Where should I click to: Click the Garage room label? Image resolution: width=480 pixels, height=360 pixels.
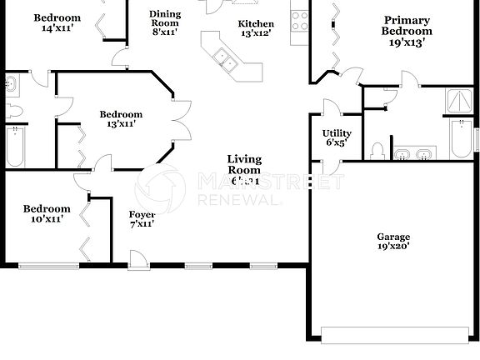392,242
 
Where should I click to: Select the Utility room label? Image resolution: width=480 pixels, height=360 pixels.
337,137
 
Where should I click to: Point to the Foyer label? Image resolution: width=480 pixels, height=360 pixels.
142,218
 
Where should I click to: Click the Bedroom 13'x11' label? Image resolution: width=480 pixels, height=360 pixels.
121,119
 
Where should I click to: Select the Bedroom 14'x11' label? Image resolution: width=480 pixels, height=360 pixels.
57,22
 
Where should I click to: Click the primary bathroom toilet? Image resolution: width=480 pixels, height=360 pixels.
377,151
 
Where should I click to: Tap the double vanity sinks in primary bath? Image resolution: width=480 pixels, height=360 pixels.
413,154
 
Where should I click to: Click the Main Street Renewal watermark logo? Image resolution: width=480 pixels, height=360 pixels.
160,187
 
